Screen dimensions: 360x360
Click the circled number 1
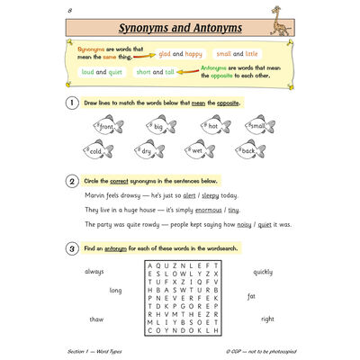coord(73,103)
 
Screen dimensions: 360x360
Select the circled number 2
coord(73,180)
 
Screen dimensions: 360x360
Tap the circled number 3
coord(73,247)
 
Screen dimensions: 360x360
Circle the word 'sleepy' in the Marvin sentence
coord(209,194)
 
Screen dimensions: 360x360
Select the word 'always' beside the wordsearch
coord(94,271)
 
